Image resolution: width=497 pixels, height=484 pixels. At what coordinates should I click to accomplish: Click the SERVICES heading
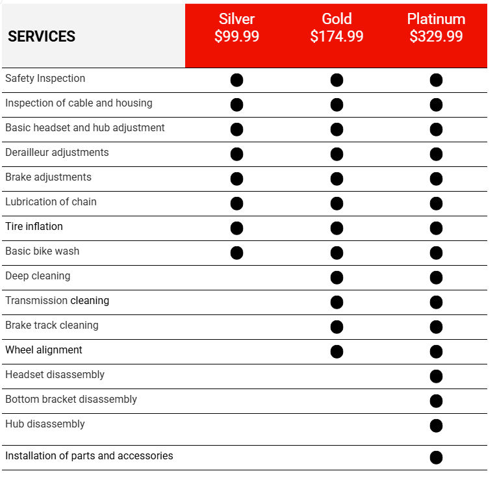42,37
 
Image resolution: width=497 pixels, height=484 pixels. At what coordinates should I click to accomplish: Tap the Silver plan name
236,19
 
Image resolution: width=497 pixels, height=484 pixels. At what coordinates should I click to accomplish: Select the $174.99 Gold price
337,36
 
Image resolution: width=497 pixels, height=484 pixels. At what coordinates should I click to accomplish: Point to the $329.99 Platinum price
436,36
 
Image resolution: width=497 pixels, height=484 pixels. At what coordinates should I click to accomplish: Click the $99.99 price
236,36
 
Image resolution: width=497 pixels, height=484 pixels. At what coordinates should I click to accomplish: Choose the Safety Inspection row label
45,79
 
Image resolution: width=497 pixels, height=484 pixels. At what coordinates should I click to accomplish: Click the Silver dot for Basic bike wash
236,253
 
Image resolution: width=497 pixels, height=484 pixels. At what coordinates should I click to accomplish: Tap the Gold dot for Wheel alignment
337,351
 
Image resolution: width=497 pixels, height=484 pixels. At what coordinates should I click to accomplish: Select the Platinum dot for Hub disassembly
436,426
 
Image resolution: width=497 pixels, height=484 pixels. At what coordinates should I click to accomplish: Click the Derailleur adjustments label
57,153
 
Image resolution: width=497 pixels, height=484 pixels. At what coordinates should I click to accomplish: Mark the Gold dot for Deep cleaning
337,277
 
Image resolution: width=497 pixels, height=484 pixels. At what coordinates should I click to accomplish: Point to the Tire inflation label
34,227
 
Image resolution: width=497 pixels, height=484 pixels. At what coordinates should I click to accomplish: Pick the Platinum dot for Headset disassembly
436,376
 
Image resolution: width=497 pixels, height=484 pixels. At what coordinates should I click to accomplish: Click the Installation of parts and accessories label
89,456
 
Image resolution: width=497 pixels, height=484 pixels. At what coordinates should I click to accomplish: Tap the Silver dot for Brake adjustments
236,179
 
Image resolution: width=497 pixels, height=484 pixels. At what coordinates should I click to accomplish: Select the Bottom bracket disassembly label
71,400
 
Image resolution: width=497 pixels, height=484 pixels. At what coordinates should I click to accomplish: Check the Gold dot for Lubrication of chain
337,203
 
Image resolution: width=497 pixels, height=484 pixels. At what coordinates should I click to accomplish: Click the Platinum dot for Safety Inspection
436,80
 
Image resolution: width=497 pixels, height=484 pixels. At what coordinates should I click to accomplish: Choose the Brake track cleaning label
52,325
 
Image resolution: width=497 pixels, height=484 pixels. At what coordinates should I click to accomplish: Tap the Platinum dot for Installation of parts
436,457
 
